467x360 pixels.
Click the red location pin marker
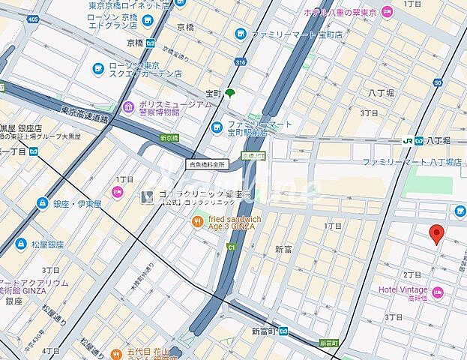(x=437, y=234)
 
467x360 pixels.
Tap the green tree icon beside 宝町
(x=229, y=93)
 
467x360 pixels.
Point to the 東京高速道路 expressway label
(x=85, y=112)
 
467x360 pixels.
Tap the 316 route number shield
(x=240, y=62)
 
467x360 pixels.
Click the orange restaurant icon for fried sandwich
(x=197, y=221)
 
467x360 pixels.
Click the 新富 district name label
(x=283, y=248)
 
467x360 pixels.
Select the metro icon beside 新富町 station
(x=281, y=331)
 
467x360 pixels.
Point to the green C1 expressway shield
(x=232, y=246)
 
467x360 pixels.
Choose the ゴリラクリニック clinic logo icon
(x=148, y=196)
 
